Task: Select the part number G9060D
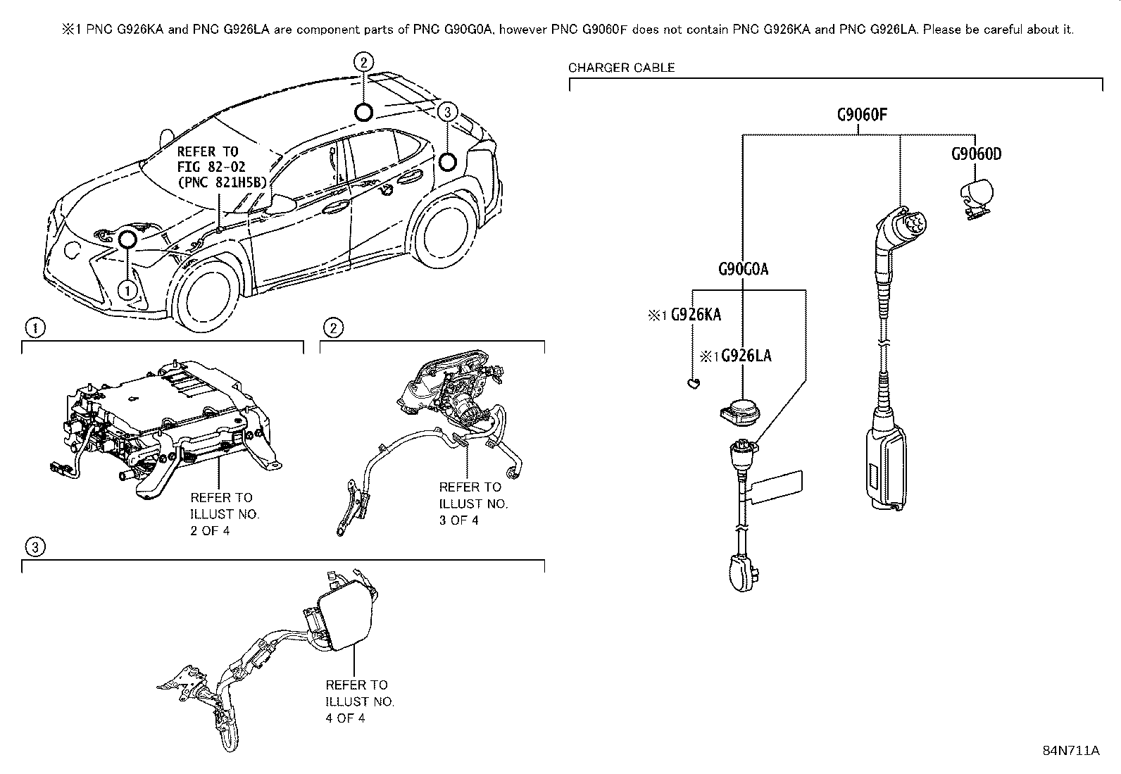(976, 154)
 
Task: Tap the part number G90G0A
(743, 269)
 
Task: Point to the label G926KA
(695, 315)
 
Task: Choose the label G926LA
(746, 356)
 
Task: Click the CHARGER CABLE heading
(621, 68)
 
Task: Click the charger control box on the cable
(885, 465)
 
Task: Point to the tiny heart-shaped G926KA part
(693, 383)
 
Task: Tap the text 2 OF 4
(210, 531)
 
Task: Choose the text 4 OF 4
(345, 718)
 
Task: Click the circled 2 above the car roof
(363, 63)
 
